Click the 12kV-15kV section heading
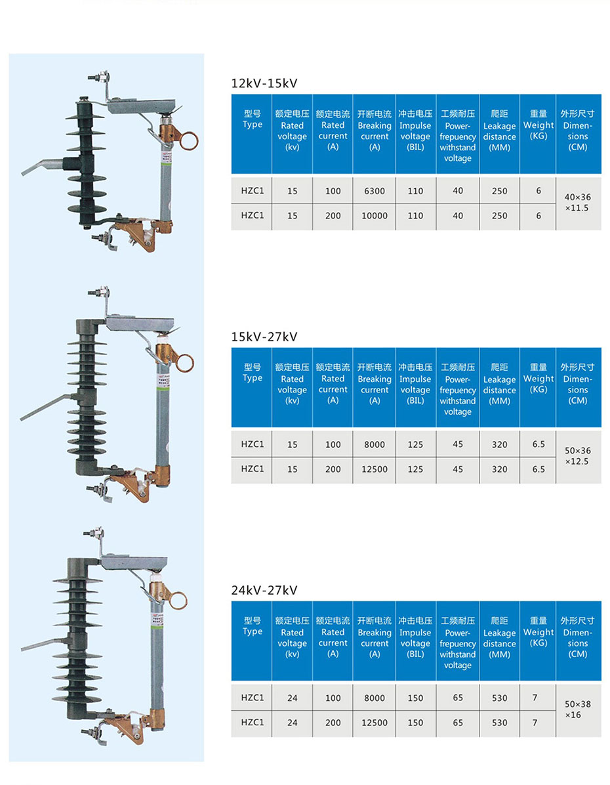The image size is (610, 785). pyautogui.click(x=264, y=83)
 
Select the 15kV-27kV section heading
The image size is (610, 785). pyautogui.click(x=264, y=337)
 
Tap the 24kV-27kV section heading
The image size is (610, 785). pyautogui.click(x=264, y=590)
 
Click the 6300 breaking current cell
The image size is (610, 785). pyautogui.click(x=375, y=191)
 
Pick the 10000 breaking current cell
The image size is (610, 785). pyautogui.click(x=375, y=215)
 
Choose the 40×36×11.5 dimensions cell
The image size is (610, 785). pyautogui.click(x=578, y=203)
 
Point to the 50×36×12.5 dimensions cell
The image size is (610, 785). pyautogui.click(x=578, y=456)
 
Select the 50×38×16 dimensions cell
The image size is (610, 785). pyautogui.click(x=578, y=710)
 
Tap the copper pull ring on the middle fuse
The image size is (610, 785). pyautogui.click(x=186, y=362)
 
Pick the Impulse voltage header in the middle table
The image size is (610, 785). pyautogui.click(x=415, y=384)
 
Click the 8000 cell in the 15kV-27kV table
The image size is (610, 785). pyautogui.click(x=375, y=444)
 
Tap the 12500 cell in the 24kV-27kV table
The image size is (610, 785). pyautogui.click(x=375, y=723)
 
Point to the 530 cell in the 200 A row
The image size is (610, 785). pyautogui.click(x=499, y=723)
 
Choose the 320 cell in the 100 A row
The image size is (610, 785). pyautogui.click(x=499, y=444)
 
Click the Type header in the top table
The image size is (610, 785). pyautogui.click(x=252, y=119)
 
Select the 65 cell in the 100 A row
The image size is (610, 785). pyautogui.click(x=457, y=698)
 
